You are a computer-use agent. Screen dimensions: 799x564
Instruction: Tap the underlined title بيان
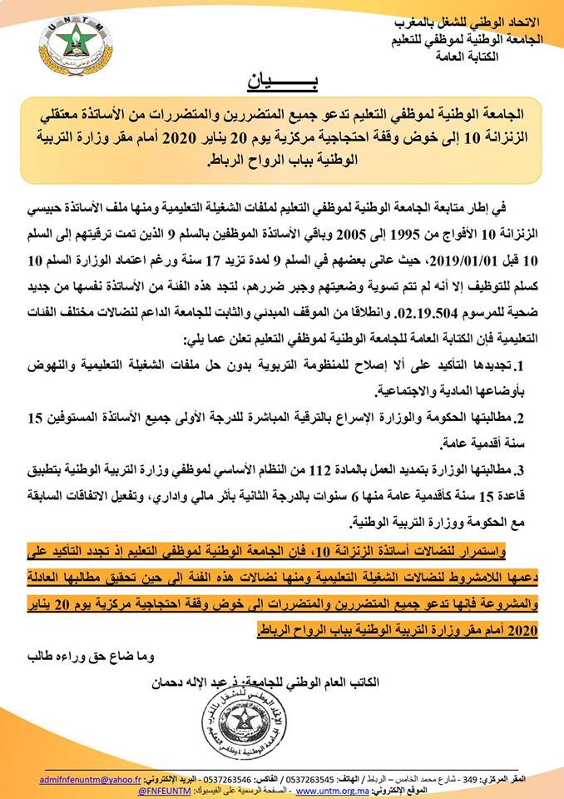[281, 83]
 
